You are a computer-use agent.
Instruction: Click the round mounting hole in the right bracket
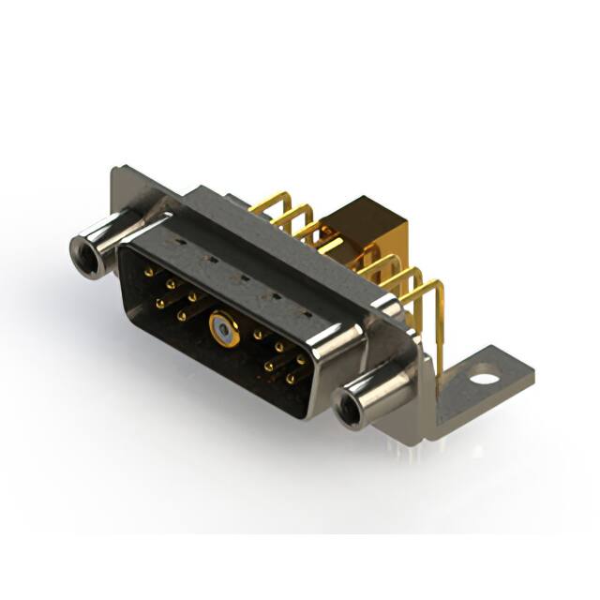coord(484,381)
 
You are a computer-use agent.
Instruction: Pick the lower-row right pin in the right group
coord(290,379)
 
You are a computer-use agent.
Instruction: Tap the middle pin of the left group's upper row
coord(172,283)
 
